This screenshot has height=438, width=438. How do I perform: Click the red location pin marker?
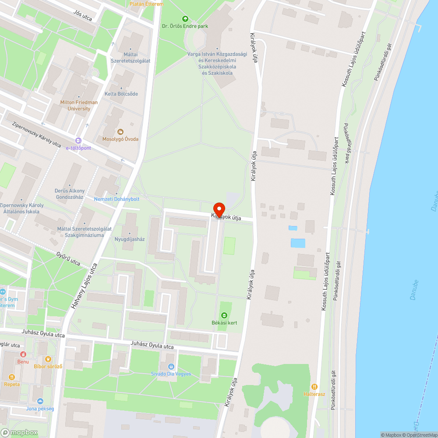pyautogui.click(x=219, y=209)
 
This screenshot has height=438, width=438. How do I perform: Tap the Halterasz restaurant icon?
pyautogui.click(x=314, y=387)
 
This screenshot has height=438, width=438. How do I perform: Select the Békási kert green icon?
pyautogui.click(x=224, y=315)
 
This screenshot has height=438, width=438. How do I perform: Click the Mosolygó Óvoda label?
pyautogui.click(x=120, y=139)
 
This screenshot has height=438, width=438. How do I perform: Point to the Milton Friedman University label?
pyautogui.click(x=79, y=105)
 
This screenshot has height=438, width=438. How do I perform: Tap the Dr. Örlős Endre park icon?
pyautogui.click(x=185, y=19)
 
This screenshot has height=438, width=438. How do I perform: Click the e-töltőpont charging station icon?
pyautogui.click(x=78, y=141)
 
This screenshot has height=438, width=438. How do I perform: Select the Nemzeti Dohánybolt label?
pyautogui.click(x=117, y=199)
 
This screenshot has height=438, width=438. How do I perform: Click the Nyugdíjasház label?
pyautogui.click(x=130, y=239)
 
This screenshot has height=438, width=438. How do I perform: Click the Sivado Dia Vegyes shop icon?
pyautogui.click(x=171, y=367)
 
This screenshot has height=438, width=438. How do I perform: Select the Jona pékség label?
pyautogui.click(x=40, y=409)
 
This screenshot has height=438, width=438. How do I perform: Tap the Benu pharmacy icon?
pyautogui.click(x=23, y=354)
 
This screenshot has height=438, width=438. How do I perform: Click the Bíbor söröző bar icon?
pyautogui.click(x=49, y=359)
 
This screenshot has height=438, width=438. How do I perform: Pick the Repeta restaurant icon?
pyautogui.click(x=12, y=377)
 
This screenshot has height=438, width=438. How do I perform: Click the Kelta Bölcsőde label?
pyautogui.click(x=121, y=94)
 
